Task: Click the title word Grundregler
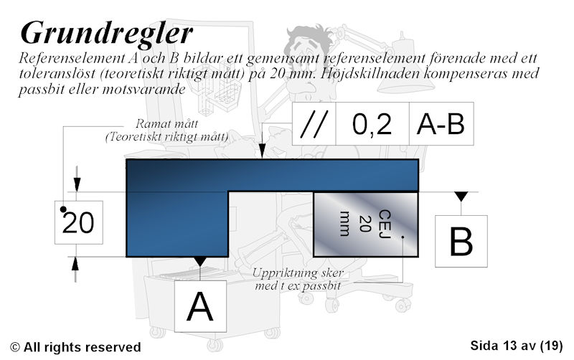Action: pyautogui.click(x=106, y=34)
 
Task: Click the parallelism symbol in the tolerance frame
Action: pyautogui.click(x=314, y=123)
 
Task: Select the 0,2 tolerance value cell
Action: pyautogui.click(x=372, y=123)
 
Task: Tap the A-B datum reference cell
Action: pyautogui.click(x=441, y=123)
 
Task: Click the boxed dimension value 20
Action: pyautogui.click(x=79, y=222)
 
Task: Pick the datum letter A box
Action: pyautogui.click(x=200, y=306)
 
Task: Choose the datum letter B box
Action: pyautogui.click(x=461, y=242)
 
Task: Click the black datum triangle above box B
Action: pyautogui.click(x=461, y=196)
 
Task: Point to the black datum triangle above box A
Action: pyautogui.click(x=200, y=261)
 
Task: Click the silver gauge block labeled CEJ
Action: pyautogui.click(x=366, y=224)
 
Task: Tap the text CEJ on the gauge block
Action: pyautogui.click(x=385, y=224)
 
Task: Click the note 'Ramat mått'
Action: pyautogui.click(x=167, y=123)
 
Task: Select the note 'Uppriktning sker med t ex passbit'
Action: pyautogui.click(x=298, y=279)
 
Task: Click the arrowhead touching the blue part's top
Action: pyautogui.click(x=262, y=151)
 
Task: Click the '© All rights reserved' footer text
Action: pyautogui.click(x=75, y=347)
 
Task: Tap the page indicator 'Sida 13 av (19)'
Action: pyautogui.click(x=516, y=346)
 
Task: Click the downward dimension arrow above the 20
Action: pyautogui.click(x=77, y=179)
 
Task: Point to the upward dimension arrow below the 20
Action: pyautogui.click(x=75, y=269)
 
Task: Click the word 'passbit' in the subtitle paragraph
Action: pyautogui.click(x=40, y=90)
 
